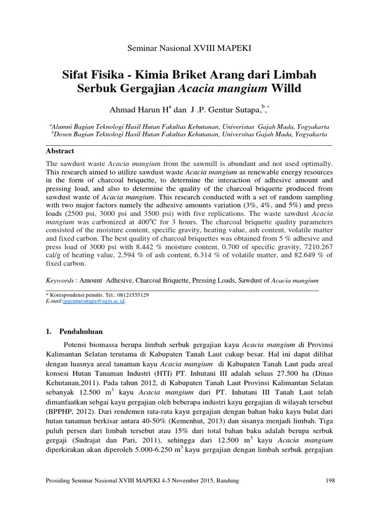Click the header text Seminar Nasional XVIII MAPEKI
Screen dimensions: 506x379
pos(189,48)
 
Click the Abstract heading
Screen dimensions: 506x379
pos(60,151)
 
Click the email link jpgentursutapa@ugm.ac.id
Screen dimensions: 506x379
pos(94,300)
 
